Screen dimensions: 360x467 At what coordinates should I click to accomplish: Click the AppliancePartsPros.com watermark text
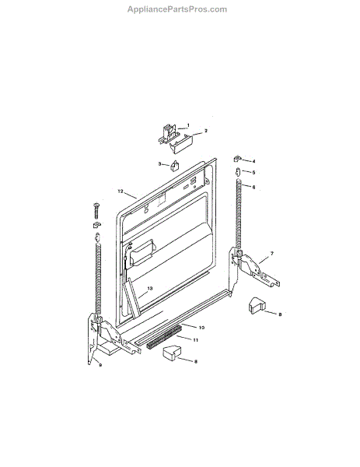pyautogui.click(x=177, y=9)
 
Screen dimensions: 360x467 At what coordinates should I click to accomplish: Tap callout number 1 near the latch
pyautogui.click(x=188, y=125)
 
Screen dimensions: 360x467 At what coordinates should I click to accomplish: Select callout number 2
pyautogui.click(x=205, y=131)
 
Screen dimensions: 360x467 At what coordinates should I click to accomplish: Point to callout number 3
pyautogui.click(x=159, y=163)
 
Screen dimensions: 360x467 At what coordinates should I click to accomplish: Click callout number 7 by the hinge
pyautogui.click(x=271, y=254)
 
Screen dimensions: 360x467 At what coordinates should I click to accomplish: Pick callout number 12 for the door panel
pyautogui.click(x=121, y=191)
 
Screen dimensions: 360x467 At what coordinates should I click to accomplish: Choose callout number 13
pyautogui.click(x=149, y=288)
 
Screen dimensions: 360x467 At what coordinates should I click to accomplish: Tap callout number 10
pyautogui.click(x=201, y=328)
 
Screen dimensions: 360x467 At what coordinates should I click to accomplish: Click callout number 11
pyautogui.click(x=195, y=340)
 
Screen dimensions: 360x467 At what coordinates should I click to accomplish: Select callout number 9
pyautogui.click(x=100, y=365)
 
